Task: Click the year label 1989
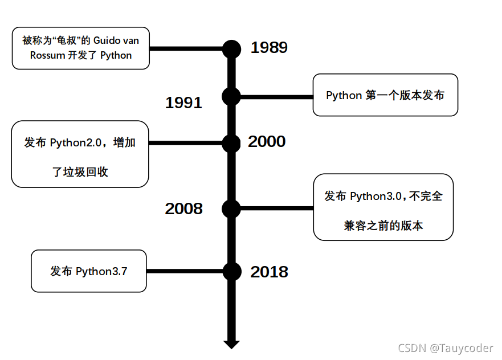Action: pos(269,48)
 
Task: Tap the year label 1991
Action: pos(183,103)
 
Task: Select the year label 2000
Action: pos(267,142)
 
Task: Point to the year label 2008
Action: pos(183,209)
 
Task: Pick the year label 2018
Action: pos(269,272)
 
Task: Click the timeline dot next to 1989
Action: pos(231,49)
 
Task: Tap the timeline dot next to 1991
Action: pos(231,97)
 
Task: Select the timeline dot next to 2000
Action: pos(231,144)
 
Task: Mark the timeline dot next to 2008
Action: pos(231,208)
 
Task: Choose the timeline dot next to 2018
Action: pos(231,272)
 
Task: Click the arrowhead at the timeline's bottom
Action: pos(231,343)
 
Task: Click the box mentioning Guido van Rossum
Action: pos(81,48)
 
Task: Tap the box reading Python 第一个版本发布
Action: pos(385,95)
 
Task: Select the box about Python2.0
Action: pos(80,154)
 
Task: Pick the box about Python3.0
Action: pos(383,207)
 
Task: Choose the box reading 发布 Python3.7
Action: pos(88,271)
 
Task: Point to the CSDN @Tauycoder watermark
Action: pos(445,348)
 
